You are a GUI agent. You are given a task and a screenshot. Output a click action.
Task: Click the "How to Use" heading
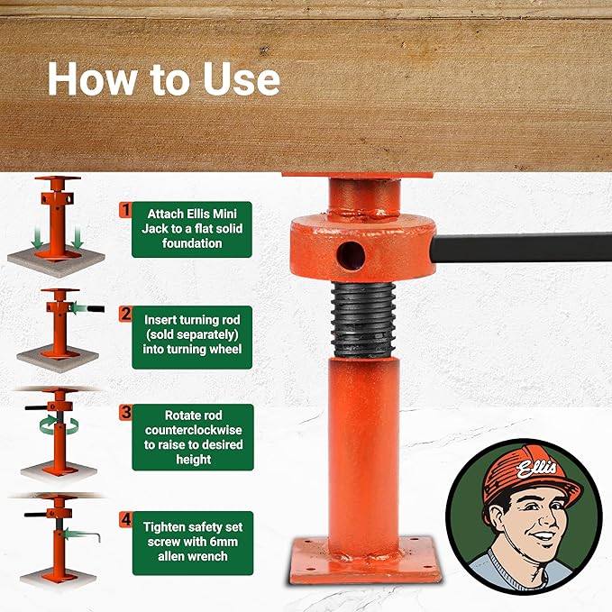pyautogui.click(x=163, y=79)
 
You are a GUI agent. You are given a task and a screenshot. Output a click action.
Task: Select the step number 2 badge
pyautogui.click(x=125, y=315)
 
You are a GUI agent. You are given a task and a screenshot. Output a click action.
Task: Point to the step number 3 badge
pyautogui.click(x=125, y=413)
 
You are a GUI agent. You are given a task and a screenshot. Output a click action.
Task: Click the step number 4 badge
pyautogui.click(x=125, y=519)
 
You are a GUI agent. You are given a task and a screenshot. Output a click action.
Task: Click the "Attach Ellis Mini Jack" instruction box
pyautogui.click(x=191, y=229)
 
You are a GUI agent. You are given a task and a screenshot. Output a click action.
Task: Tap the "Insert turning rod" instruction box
pyautogui.click(x=191, y=336)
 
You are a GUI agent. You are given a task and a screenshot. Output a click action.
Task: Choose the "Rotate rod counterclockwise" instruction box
pyautogui.click(x=191, y=437)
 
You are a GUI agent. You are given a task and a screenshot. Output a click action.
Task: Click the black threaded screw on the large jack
pyautogui.click(x=361, y=317)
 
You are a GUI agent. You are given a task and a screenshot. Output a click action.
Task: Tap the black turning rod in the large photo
pyautogui.click(x=523, y=246)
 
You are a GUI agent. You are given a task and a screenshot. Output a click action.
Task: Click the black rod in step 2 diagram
pyautogui.click(x=92, y=308)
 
